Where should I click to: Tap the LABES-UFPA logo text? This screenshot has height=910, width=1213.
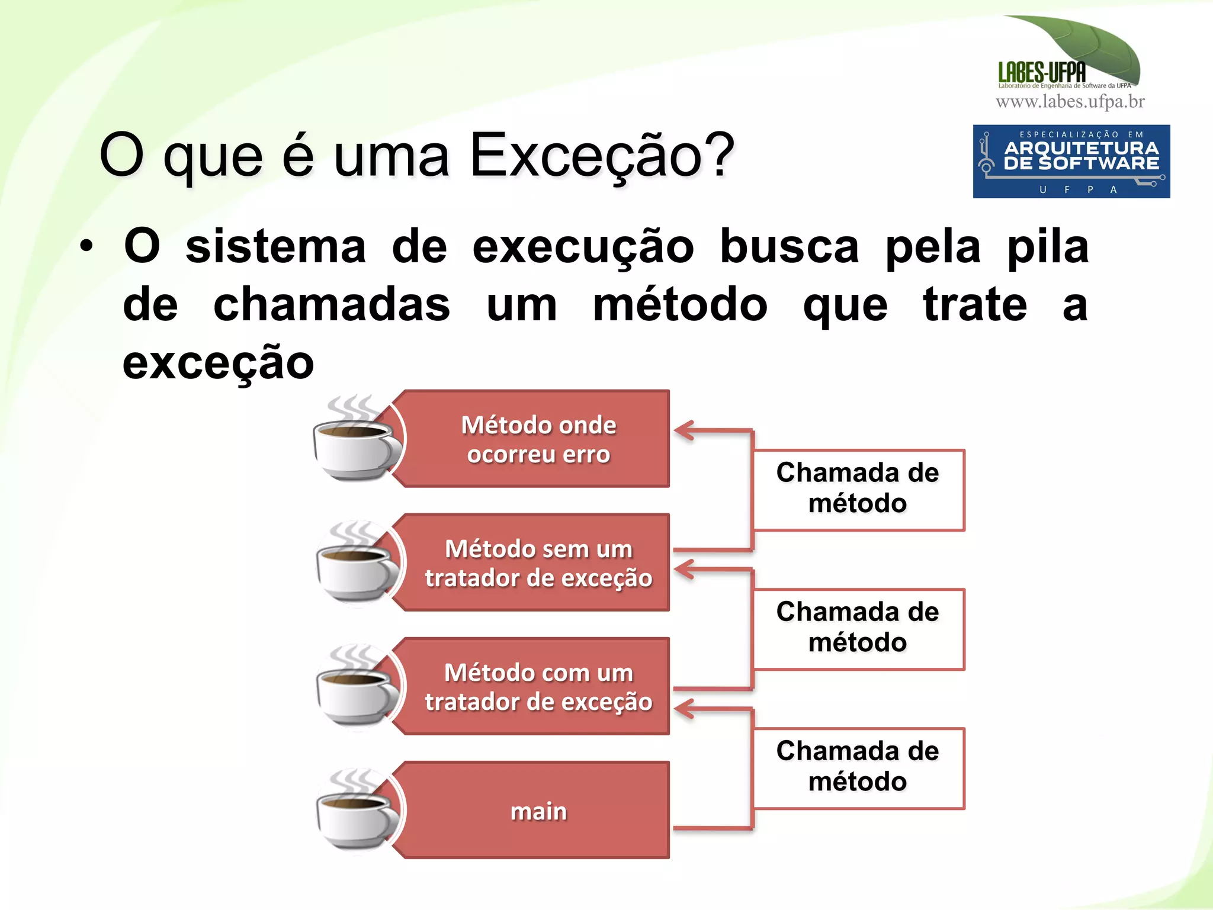coord(1042,73)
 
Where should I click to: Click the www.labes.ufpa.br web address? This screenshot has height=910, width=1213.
coord(1070,102)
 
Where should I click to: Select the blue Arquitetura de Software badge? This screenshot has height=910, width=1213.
coord(1071,161)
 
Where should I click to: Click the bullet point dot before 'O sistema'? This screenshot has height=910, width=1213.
coord(86,247)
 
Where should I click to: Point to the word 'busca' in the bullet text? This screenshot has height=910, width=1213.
coord(789,247)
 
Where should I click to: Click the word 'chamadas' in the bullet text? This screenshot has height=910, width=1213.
coord(332,305)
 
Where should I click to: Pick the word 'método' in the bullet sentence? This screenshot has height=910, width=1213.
coord(680,305)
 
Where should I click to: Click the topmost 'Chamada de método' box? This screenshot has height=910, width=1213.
coord(858,489)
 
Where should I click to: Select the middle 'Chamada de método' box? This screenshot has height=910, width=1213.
coord(858,628)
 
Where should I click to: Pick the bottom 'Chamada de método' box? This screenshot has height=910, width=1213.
coord(858,767)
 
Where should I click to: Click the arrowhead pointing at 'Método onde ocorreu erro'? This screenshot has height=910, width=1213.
coord(685,430)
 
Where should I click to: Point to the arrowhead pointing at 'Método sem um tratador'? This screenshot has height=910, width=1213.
coord(685,570)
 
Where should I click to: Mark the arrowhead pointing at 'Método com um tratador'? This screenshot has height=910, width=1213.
coord(685,709)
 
